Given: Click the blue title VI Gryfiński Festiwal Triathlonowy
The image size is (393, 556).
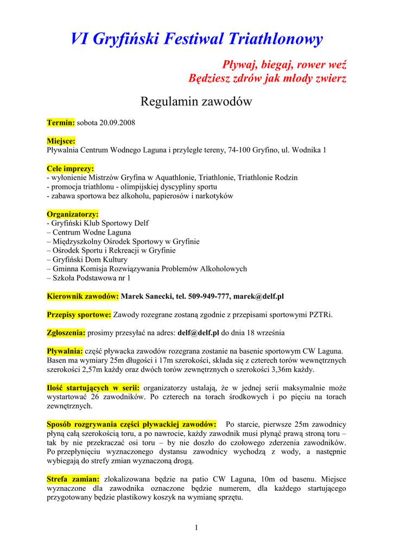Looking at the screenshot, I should pyautogui.click(x=196, y=39).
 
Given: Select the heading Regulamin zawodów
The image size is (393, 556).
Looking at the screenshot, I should pyautogui.click(x=196, y=102).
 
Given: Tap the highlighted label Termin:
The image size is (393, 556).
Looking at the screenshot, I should pyautogui.click(x=61, y=123).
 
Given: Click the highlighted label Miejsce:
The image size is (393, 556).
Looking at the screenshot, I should pyautogui.click(x=61, y=141).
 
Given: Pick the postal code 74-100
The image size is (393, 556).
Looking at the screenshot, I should pyautogui.click(x=239, y=150).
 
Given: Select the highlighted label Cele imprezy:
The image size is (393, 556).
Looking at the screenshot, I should pyautogui.click(x=71, y=169).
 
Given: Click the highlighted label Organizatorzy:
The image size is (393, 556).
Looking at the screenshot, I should pyautogui.click(x=73, y=214).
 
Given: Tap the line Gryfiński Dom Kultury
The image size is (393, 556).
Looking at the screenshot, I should pyautogui.click(x=90, y=260).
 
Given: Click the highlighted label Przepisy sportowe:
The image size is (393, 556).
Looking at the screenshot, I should pyautogui.click(x=79, y=315).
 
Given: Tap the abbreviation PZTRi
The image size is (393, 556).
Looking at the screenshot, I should pyautogui.click(x=321, y=315).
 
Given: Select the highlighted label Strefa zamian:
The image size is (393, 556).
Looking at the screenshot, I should pyautogui.click(x=73, y=479).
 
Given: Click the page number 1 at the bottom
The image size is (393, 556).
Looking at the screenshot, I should pyautogui.click(x=196, y=528).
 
